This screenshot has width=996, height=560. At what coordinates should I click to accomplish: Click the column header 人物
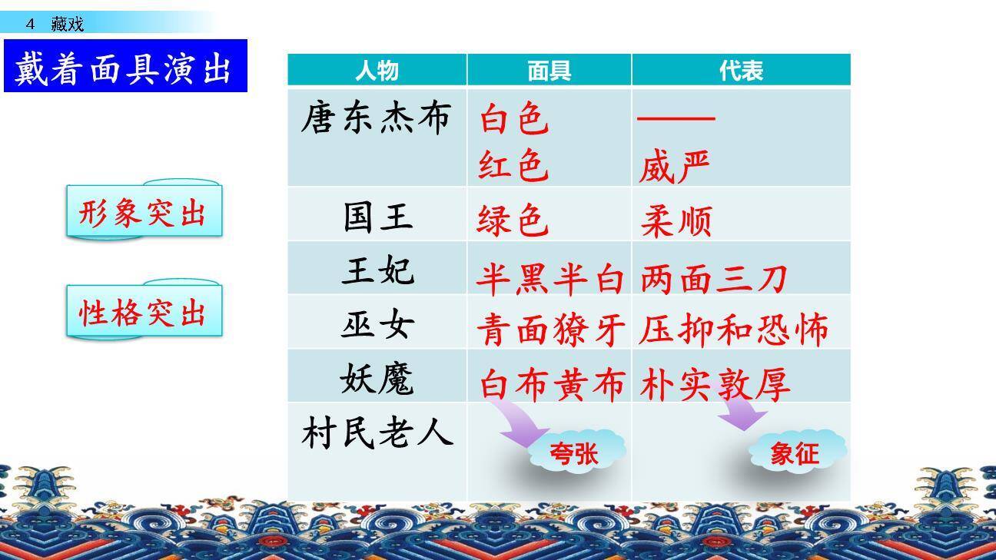click(x=377, y=71)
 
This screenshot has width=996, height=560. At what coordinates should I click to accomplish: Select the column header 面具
click(x=549, y=71)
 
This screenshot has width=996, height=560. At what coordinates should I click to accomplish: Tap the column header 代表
click(x=741, y=71)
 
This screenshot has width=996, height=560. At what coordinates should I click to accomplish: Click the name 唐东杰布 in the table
click(x=375, y=120)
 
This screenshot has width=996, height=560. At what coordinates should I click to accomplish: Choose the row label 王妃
click(x=377, y=271)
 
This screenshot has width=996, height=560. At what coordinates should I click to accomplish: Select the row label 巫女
click(x=377, y=325)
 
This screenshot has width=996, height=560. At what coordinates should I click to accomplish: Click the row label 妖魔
click(x=377, y=379)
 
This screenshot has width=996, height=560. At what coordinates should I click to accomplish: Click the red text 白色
click(x=514, y=120)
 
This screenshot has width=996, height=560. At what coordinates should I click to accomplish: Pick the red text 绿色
click(x=513, y=220)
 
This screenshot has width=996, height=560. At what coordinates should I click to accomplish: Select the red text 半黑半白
click(x=549, y=279)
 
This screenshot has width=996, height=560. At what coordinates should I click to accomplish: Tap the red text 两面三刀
click(x=713, y=279)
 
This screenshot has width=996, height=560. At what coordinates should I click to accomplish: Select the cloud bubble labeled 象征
click(x=795, y=452)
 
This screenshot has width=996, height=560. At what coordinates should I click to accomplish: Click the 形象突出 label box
click(x=144, y=213)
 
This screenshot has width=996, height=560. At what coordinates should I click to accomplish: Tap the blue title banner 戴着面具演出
click(x=125, y=67)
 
